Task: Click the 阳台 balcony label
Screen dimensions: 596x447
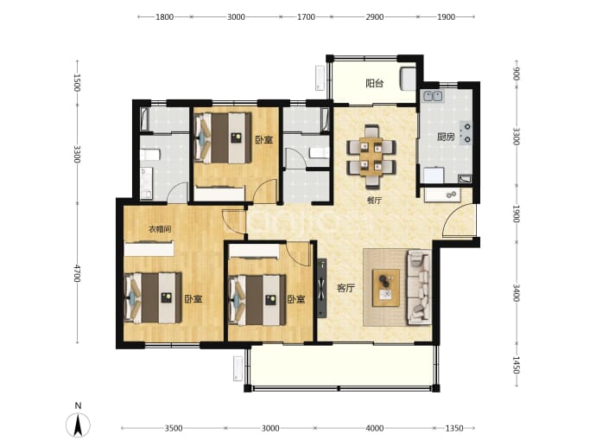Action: [x=374, y=83]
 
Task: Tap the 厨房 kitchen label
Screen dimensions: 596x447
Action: [x=446, y=137]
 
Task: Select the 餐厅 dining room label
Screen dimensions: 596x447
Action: [x=374, y=201]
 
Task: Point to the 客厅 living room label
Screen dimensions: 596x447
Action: [x=346, y=288]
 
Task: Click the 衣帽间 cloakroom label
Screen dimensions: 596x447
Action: [x=160, y=229]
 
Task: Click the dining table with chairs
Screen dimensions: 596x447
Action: [x=371, y=156]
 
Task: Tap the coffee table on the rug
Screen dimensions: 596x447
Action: [x=386, y=288]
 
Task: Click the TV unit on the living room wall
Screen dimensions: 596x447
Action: [x=321, y=288]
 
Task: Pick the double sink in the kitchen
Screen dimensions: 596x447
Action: [x=433, y=96]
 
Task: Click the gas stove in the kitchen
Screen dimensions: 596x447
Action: [x=466, y=133]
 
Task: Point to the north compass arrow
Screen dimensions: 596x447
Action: [x=79, y=425]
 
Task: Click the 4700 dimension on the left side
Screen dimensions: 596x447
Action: [x=77, y=273]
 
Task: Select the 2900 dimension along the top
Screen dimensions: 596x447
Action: [x=374, y=16]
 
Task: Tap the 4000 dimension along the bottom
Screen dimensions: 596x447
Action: [x=374, y=428]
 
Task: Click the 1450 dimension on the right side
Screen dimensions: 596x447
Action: [x=516, y=365]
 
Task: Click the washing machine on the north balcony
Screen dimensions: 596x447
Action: [x=408, y=79]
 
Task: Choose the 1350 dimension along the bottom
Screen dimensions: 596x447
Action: [x=454, y=428]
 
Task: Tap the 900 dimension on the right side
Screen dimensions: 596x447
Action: [x=516, y=73]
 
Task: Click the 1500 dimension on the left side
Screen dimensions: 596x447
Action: [x=77, y=82]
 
